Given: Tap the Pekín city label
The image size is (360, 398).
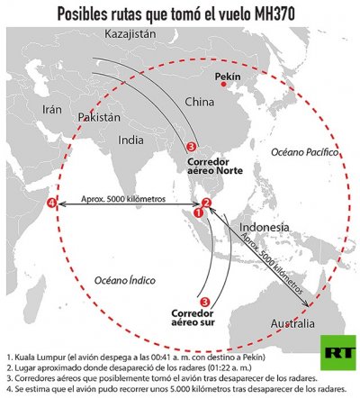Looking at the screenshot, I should tap(230, 77).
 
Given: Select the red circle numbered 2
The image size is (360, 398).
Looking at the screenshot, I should tap(206, 203).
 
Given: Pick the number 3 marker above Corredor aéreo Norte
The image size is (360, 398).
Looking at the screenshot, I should tap(190, 146).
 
